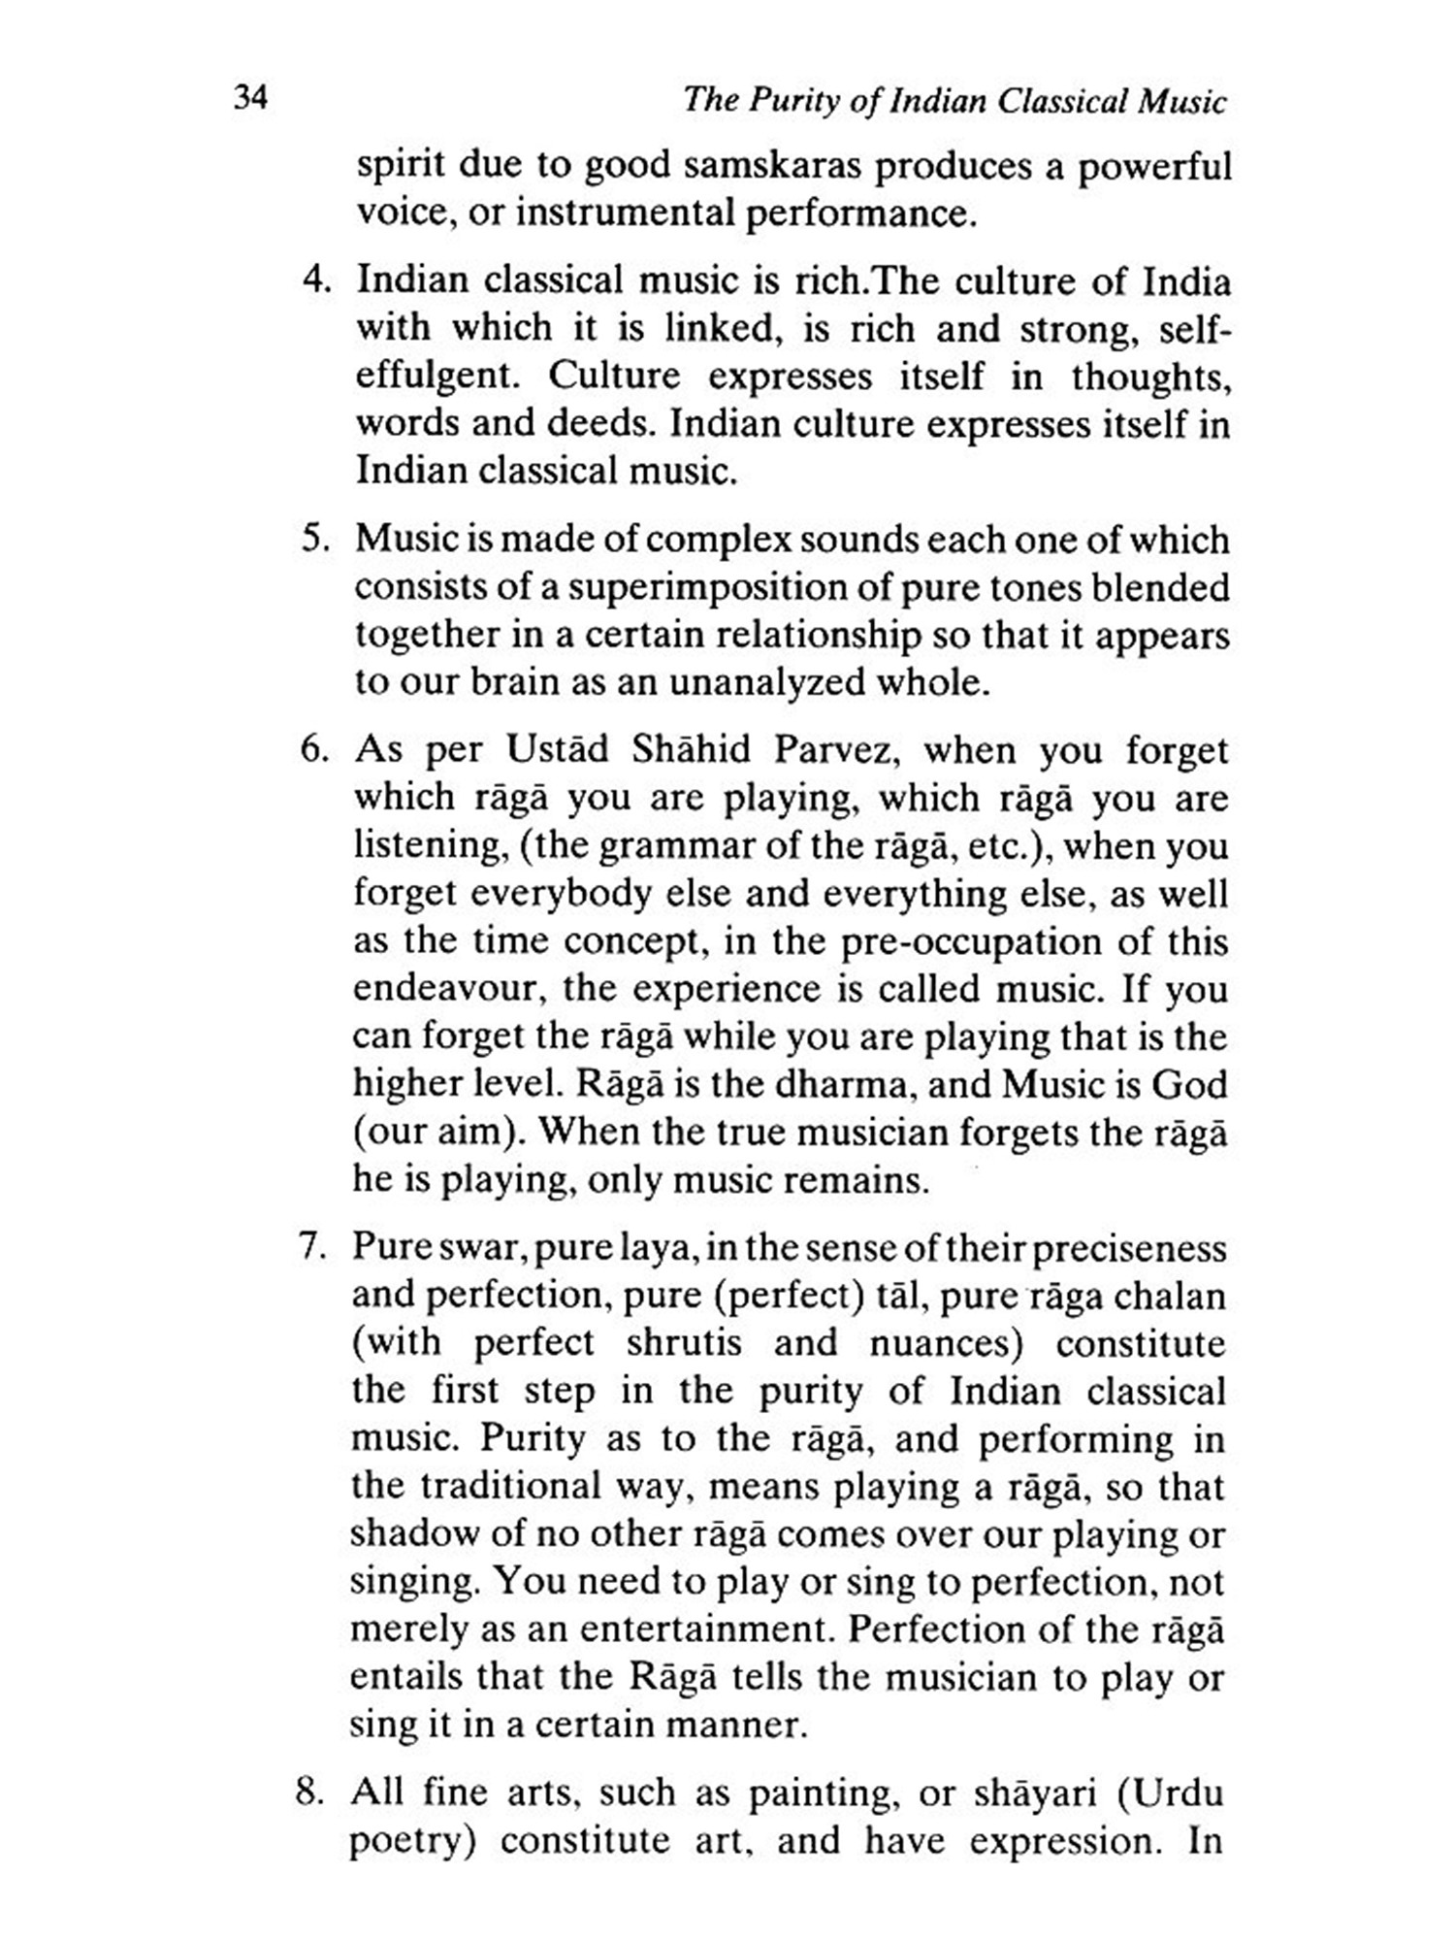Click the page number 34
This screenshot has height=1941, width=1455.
pyautogui.click(x=250, y=99)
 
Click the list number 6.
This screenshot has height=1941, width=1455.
pyautogui.click(x=317, y=749)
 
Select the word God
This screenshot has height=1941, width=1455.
pyautogui.click(x=1189, y=1084)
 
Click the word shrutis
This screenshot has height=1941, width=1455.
pyautogui.click(x=684, y=1342)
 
